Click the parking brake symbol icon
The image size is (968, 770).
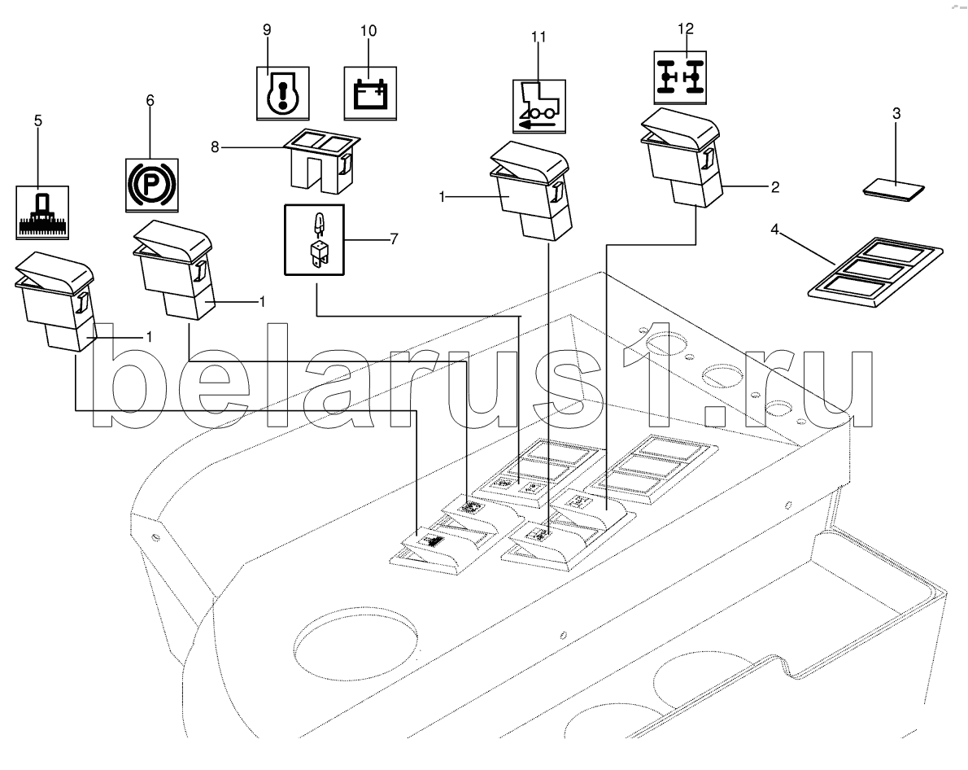(x=152, y=185)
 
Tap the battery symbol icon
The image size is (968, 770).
(x=370, y=94)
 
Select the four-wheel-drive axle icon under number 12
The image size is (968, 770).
(x=680, y=77)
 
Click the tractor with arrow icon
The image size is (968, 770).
(x=539, y=107)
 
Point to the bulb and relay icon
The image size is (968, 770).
(x=314, y=240)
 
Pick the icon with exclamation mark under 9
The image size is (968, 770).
(x=283, y=94)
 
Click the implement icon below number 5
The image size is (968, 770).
(x=42, y=212)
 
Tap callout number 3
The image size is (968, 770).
(x=896, y=114)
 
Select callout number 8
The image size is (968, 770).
(x=215, y=147)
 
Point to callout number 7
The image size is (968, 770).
(x=394, y=238)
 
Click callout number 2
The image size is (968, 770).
(x=774, y=186)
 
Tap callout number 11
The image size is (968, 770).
(x=539, y=37)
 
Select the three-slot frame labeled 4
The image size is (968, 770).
(x=876, y=273)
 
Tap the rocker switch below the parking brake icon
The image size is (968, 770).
(x=174, y=270)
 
